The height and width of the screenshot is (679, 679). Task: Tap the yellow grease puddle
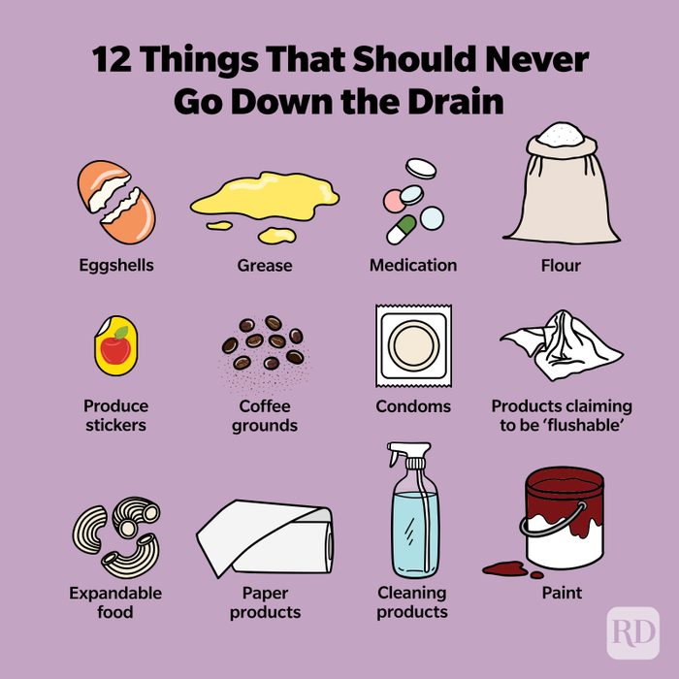(x=264, y=202)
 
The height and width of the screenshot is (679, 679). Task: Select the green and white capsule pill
(x=401, y=230)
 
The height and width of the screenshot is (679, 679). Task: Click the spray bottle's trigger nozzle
(x=400, y=457)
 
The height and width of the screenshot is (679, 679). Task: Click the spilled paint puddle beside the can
(x=502, y=568)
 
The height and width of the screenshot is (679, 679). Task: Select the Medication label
(x=413, y=265)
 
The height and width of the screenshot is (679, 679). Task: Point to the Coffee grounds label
(x=264, y=415)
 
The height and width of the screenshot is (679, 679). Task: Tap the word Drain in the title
(x=451, y=101)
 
